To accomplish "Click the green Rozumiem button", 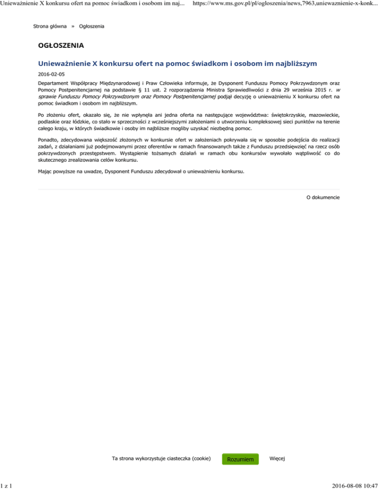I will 240,459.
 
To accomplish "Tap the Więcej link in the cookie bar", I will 277,458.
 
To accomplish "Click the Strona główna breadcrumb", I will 50,26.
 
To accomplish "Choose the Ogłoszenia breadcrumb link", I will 92,26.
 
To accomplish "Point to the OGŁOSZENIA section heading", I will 61,46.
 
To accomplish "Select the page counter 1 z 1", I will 6,485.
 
